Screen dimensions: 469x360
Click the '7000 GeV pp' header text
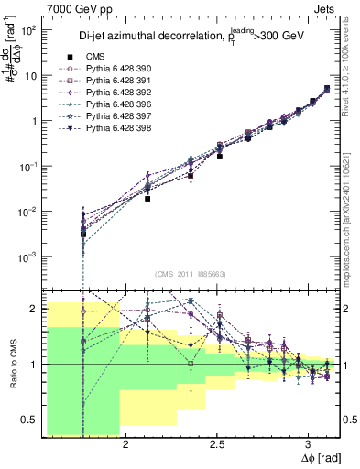tap(80, 10)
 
